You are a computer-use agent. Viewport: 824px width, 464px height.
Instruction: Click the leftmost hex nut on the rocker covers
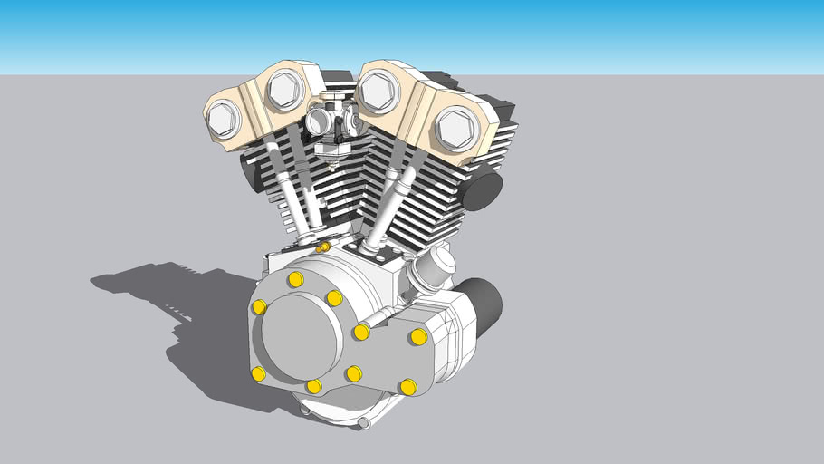tap(223, 119)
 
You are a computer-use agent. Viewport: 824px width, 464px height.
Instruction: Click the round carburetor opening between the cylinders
tap(318, 121)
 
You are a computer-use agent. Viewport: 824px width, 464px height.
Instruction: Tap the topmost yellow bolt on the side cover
tap(295, 279)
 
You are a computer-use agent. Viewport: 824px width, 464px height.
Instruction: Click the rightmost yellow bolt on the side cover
tap(418, 337)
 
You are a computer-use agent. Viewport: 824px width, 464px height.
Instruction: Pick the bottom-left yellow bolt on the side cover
tap(259, 373)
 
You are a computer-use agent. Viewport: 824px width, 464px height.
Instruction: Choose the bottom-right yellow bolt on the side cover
tap(408, 387)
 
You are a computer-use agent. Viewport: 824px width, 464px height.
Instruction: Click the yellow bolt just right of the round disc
tap(361, 332)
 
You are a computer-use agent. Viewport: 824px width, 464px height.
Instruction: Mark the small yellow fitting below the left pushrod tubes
tap(322, 247)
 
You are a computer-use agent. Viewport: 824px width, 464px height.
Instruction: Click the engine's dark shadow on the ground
tap(181, 317)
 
